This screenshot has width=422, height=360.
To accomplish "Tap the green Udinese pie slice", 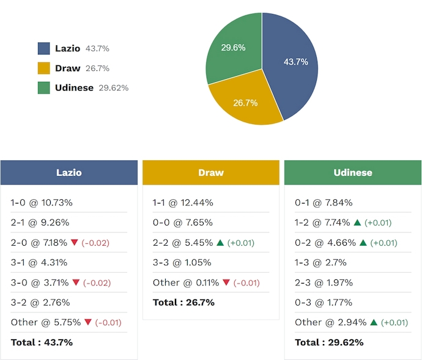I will click(232, 49).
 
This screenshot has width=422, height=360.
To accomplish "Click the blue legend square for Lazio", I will click(44, 48).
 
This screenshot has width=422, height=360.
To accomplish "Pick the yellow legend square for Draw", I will click(44, 68).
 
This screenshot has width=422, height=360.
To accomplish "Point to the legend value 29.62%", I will click(113, 87).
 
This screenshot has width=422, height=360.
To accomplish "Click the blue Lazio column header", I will click(68, 172).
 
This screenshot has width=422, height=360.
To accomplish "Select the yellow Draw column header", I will click(211, 172).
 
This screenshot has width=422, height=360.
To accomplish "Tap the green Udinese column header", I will click(353, 172).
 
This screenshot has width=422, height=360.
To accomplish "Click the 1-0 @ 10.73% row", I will click(42, 202).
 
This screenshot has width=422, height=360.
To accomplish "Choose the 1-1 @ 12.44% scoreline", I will click(183, 202).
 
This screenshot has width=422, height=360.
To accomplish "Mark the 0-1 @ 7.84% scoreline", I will click(324, 202).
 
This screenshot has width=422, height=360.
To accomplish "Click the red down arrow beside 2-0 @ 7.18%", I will click(75, 243).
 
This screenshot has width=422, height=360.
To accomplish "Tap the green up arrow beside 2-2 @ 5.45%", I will click(221, 243).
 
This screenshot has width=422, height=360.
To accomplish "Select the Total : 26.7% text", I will click(183, 302).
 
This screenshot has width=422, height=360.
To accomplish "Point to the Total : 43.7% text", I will click(42, 342).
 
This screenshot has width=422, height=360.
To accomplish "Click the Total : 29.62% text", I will click(329, 342).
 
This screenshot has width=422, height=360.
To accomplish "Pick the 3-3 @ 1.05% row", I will click(182, 262).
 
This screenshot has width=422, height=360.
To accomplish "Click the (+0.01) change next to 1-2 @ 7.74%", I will click(378, 222).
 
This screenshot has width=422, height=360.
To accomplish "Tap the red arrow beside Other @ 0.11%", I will click(226, 282).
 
